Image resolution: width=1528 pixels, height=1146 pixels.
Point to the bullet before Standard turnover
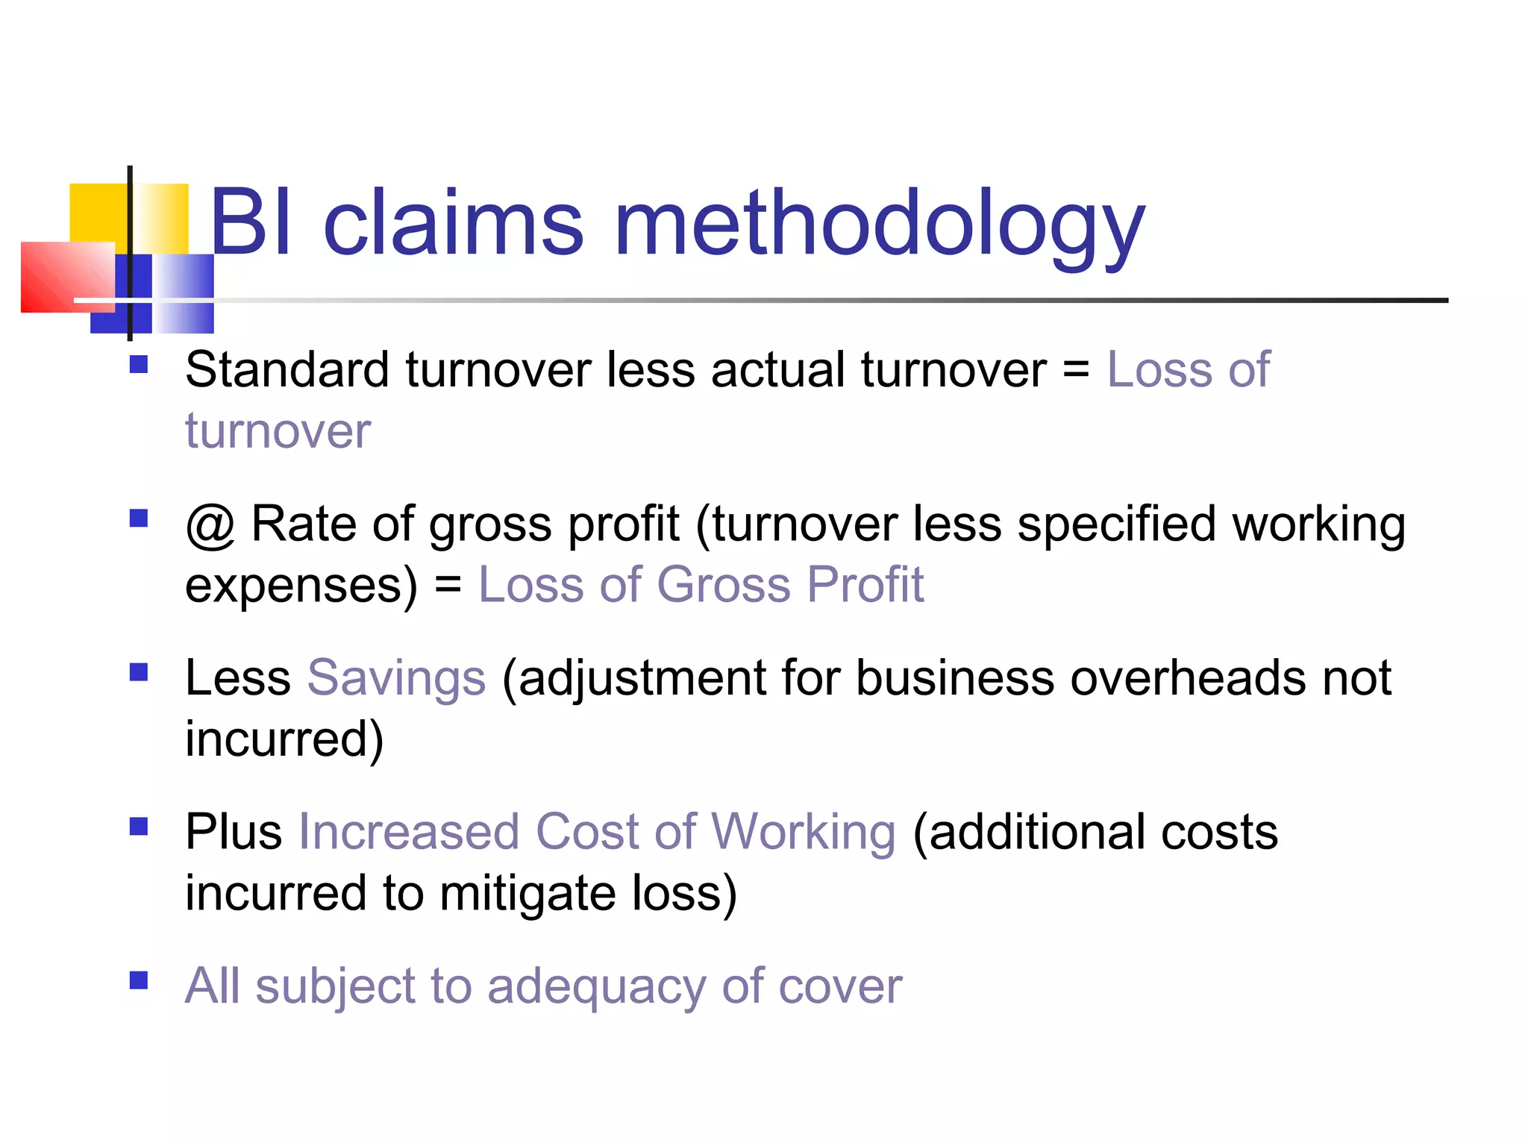pyautogui.click(x=139, y=364)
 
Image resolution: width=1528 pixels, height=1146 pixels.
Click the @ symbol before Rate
pyautogui.click(x=210, y=525)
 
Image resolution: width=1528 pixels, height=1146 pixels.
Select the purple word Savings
pyautogui.click(x=396, y=678)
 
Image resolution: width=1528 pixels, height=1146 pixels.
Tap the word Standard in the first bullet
pyautogui.click(x=286, y=369)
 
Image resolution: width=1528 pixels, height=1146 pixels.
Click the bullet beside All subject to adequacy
pyautogui.click(x=139, y=980)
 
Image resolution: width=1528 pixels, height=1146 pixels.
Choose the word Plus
pyautogui.click(x=233, y=832)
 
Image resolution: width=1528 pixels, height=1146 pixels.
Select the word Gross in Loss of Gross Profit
pyautogui.click(x=723, y=584)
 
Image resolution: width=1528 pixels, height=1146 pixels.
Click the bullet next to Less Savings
pyautogui.click(x=139, y=672)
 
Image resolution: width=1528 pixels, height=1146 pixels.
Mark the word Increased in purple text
pyautogui.click(x=409, y=832)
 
